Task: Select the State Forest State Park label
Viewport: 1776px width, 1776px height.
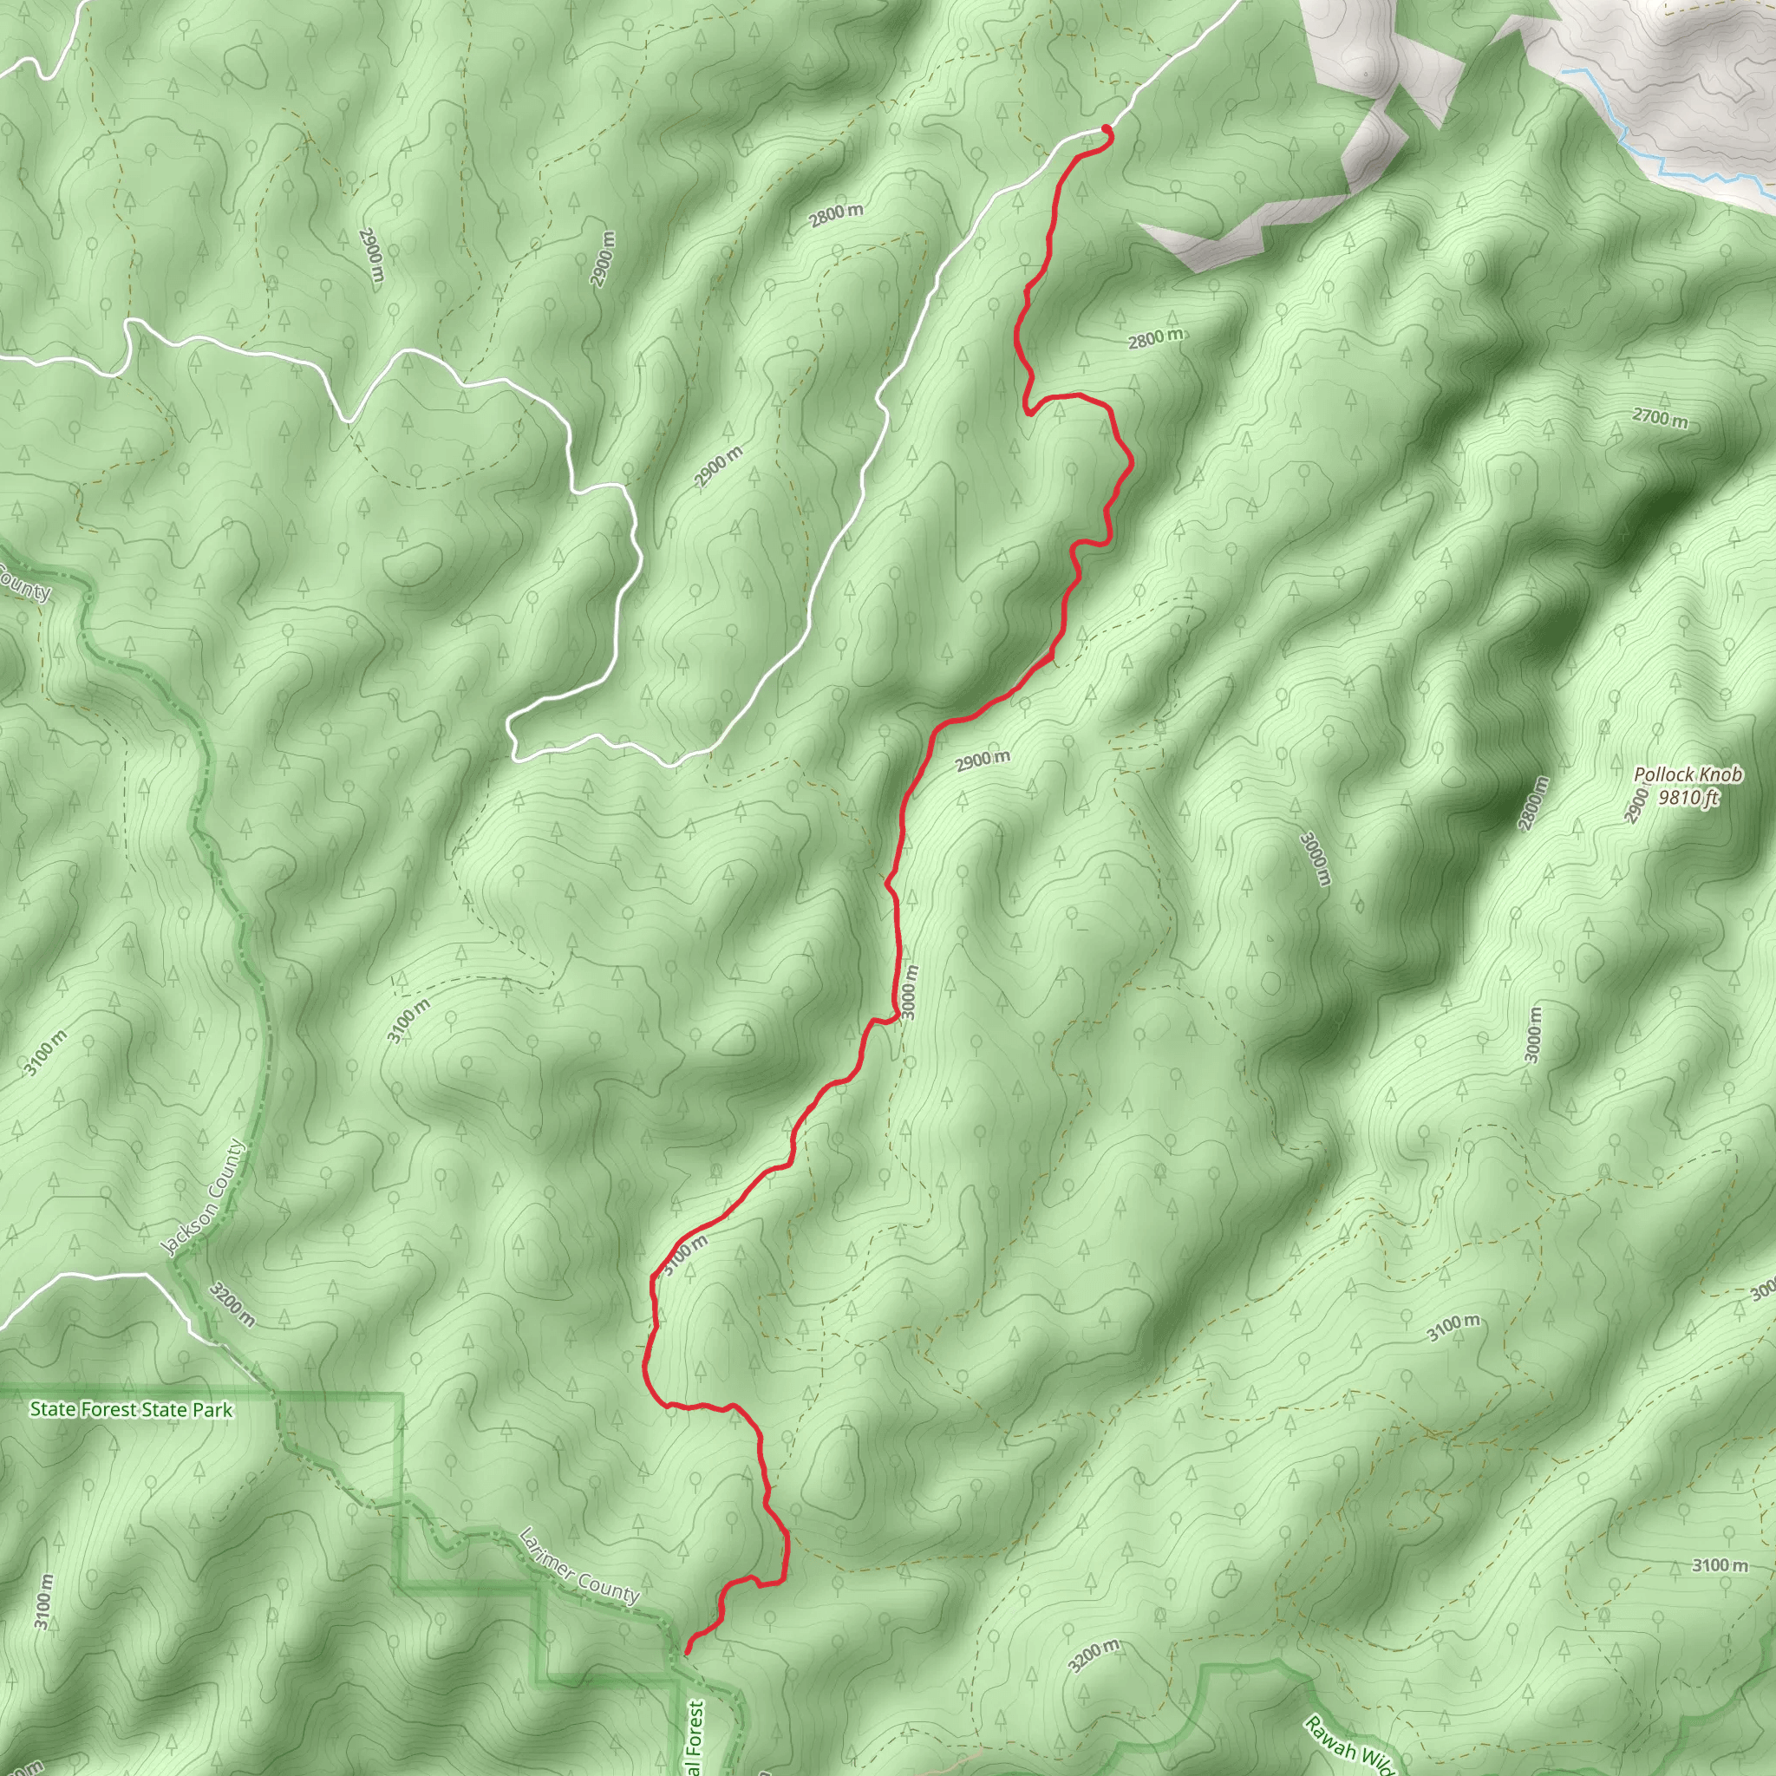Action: (132, 1409)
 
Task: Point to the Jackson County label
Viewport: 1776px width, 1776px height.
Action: (203, 1197)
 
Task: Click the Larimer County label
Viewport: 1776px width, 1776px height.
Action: (578, 1564)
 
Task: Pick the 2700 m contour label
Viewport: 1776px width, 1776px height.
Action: (1660, 418)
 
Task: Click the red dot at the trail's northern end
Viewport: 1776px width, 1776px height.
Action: (1106, 128)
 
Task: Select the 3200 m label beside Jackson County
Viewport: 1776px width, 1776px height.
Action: (232, 1305)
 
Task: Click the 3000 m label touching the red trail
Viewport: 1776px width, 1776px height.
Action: (910, 991)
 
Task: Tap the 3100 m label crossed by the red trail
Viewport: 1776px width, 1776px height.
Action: (686, 1255)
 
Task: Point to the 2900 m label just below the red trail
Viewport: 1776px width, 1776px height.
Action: (982, 761)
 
